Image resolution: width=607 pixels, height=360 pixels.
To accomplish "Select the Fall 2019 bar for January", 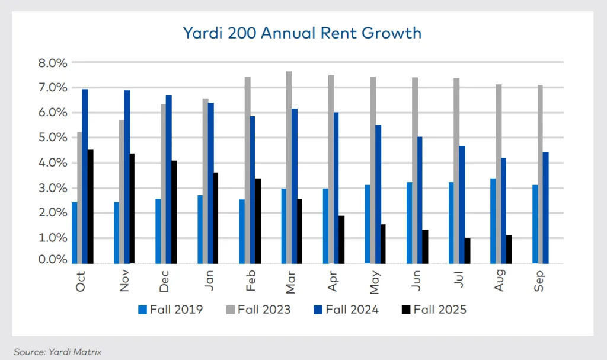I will (x=200, y=229).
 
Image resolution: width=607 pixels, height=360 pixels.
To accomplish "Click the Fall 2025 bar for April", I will (x=341, y=240).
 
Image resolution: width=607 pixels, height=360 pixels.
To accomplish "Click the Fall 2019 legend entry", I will (x=171, y=309).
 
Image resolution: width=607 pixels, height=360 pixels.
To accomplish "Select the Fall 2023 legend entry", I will (x=258, y=309).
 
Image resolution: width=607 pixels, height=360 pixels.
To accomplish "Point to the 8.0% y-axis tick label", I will (x=53, y=63).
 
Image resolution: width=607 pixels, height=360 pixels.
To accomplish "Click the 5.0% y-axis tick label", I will (x=53, y=138).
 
